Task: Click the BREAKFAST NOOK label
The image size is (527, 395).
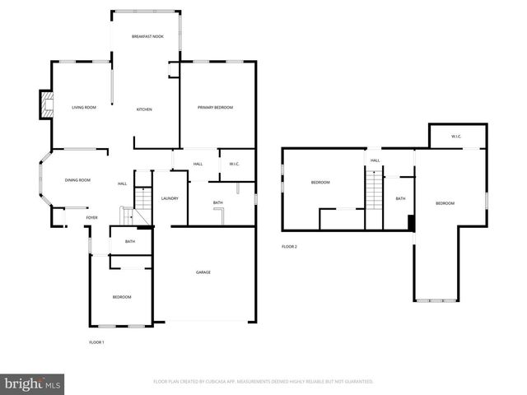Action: click(148, 37)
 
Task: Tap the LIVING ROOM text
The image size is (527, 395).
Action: click(84, 108)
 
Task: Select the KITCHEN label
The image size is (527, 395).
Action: click(144, 109)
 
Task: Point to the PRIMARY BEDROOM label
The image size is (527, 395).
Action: click(215, 108)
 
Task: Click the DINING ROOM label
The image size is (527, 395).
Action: click(77, 179)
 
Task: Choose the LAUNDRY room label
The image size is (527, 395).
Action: click(170, 198)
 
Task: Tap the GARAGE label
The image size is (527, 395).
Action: click(203, 272)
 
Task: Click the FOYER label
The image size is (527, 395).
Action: click(91, 217)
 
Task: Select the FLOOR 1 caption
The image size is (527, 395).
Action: click(96, 342)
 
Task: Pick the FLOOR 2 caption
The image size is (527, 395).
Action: click(289, 246)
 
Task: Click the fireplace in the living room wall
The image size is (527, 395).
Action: click(48, 105)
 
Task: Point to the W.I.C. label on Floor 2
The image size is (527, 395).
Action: click(456, 136)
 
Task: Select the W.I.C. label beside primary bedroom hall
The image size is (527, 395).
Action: click(234, 164)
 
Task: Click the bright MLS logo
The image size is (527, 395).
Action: click(33, 383)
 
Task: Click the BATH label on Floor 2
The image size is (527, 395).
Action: click(400, 198)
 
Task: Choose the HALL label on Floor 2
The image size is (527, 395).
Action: click(375, 160)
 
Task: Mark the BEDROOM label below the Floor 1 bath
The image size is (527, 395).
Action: click(122, 296)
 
